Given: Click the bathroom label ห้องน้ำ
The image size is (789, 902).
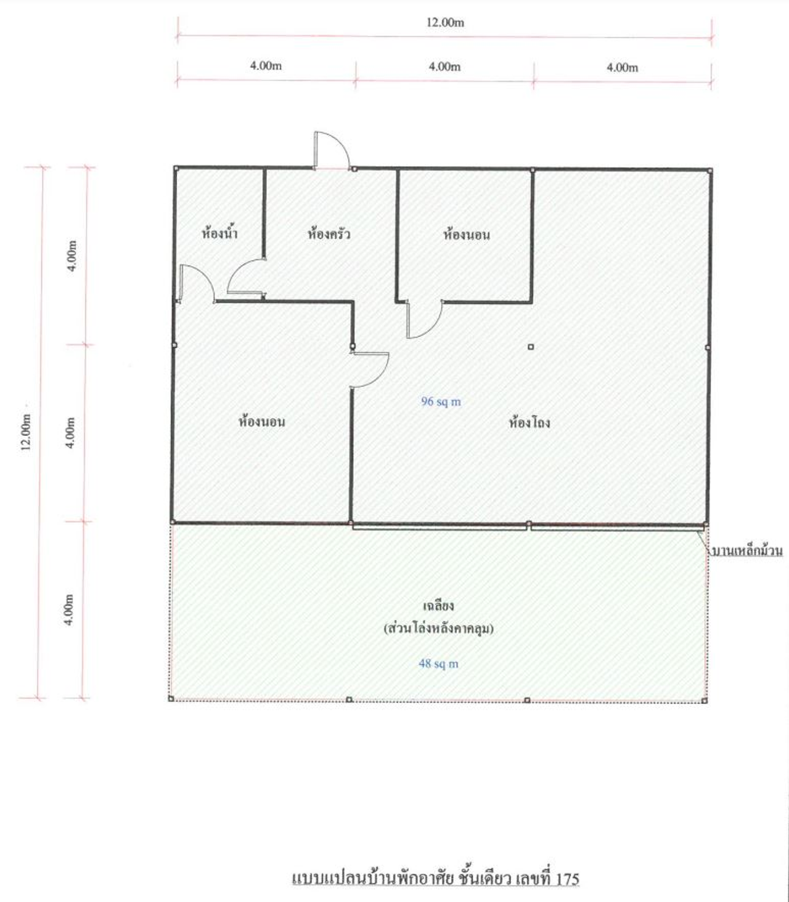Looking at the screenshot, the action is pyautogui.click(x=220, y=232).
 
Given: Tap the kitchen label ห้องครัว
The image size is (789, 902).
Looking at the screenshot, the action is pyautogui.click(x=329, y=233).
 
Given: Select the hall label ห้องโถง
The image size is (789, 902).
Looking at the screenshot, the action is pyautogui.click(x=529, y=422).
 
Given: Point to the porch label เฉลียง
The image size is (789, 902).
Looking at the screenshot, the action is pyautogui.click(x=438, y=605).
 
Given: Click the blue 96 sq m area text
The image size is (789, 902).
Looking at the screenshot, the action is pyautogui.click(x=441, y=401).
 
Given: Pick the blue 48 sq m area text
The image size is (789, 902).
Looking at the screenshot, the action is pyautogui.click(x=438, y=664).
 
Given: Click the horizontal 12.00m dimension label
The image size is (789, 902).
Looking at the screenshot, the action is pyautogui.click(x=445, y=23).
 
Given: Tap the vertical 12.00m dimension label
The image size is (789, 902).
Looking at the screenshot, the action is pyautogui.click(x=27, y=432).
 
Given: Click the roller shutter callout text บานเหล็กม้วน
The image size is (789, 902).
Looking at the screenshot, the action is pyautogui.click(x=747, y=551).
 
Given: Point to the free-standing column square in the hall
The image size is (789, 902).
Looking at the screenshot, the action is pyautogui.click(x=531, y=347).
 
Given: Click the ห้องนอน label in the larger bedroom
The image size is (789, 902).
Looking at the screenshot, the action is pyautogui.click(x=262, y=422).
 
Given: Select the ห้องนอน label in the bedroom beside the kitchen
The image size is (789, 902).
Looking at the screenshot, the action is pyautogui.click(x=467, y=234).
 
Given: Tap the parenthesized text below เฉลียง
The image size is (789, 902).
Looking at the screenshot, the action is pyautogui.click(x=438, y=628).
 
